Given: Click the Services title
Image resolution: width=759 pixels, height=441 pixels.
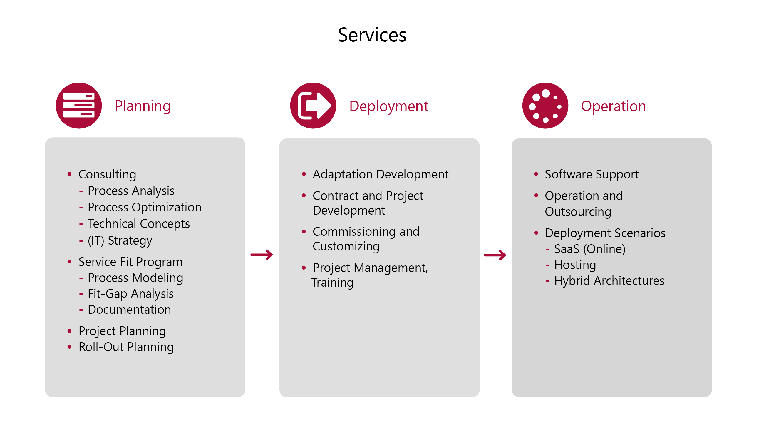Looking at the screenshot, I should click(372, 35).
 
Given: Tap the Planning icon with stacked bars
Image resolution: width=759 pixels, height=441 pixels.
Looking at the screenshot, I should click(79, 106).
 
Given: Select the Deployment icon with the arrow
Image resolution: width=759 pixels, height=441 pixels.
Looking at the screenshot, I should click(313, 106).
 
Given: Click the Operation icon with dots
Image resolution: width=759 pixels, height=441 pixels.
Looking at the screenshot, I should click(545, 106).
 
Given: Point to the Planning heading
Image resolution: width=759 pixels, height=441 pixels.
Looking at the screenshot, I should click(143, 106).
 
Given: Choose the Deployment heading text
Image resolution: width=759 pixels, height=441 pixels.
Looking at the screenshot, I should click(388, 106).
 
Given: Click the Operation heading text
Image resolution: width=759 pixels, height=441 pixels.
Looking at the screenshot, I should click(613, 106).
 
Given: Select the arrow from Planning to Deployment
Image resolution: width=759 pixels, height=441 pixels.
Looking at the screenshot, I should click(262, 255).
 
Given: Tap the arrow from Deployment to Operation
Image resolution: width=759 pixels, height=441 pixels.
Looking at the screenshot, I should click(495, 255).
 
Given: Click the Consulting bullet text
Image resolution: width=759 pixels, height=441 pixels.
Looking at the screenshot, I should click(107, 175).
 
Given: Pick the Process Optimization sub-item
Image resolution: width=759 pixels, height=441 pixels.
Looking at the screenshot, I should click(144, 207).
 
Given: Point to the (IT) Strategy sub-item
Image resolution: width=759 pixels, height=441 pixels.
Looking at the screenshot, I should click(120, 240).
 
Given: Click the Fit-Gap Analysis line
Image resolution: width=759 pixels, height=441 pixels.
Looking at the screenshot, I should click(130, 294).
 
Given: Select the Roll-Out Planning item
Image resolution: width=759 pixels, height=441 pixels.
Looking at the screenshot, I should click(126, 347).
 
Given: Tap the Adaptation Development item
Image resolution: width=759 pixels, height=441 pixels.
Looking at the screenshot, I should click(381, 175).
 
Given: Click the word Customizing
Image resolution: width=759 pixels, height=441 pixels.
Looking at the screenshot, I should click(346, 247).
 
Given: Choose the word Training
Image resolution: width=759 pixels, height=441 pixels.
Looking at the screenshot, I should click(333, 283).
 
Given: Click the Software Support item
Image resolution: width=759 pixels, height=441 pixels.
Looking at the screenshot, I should click(592, 175).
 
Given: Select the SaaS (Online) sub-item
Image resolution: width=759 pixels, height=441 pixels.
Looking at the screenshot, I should click(589, 249).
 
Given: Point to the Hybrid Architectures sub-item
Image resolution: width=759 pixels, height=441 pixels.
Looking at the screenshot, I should click(609, 281).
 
